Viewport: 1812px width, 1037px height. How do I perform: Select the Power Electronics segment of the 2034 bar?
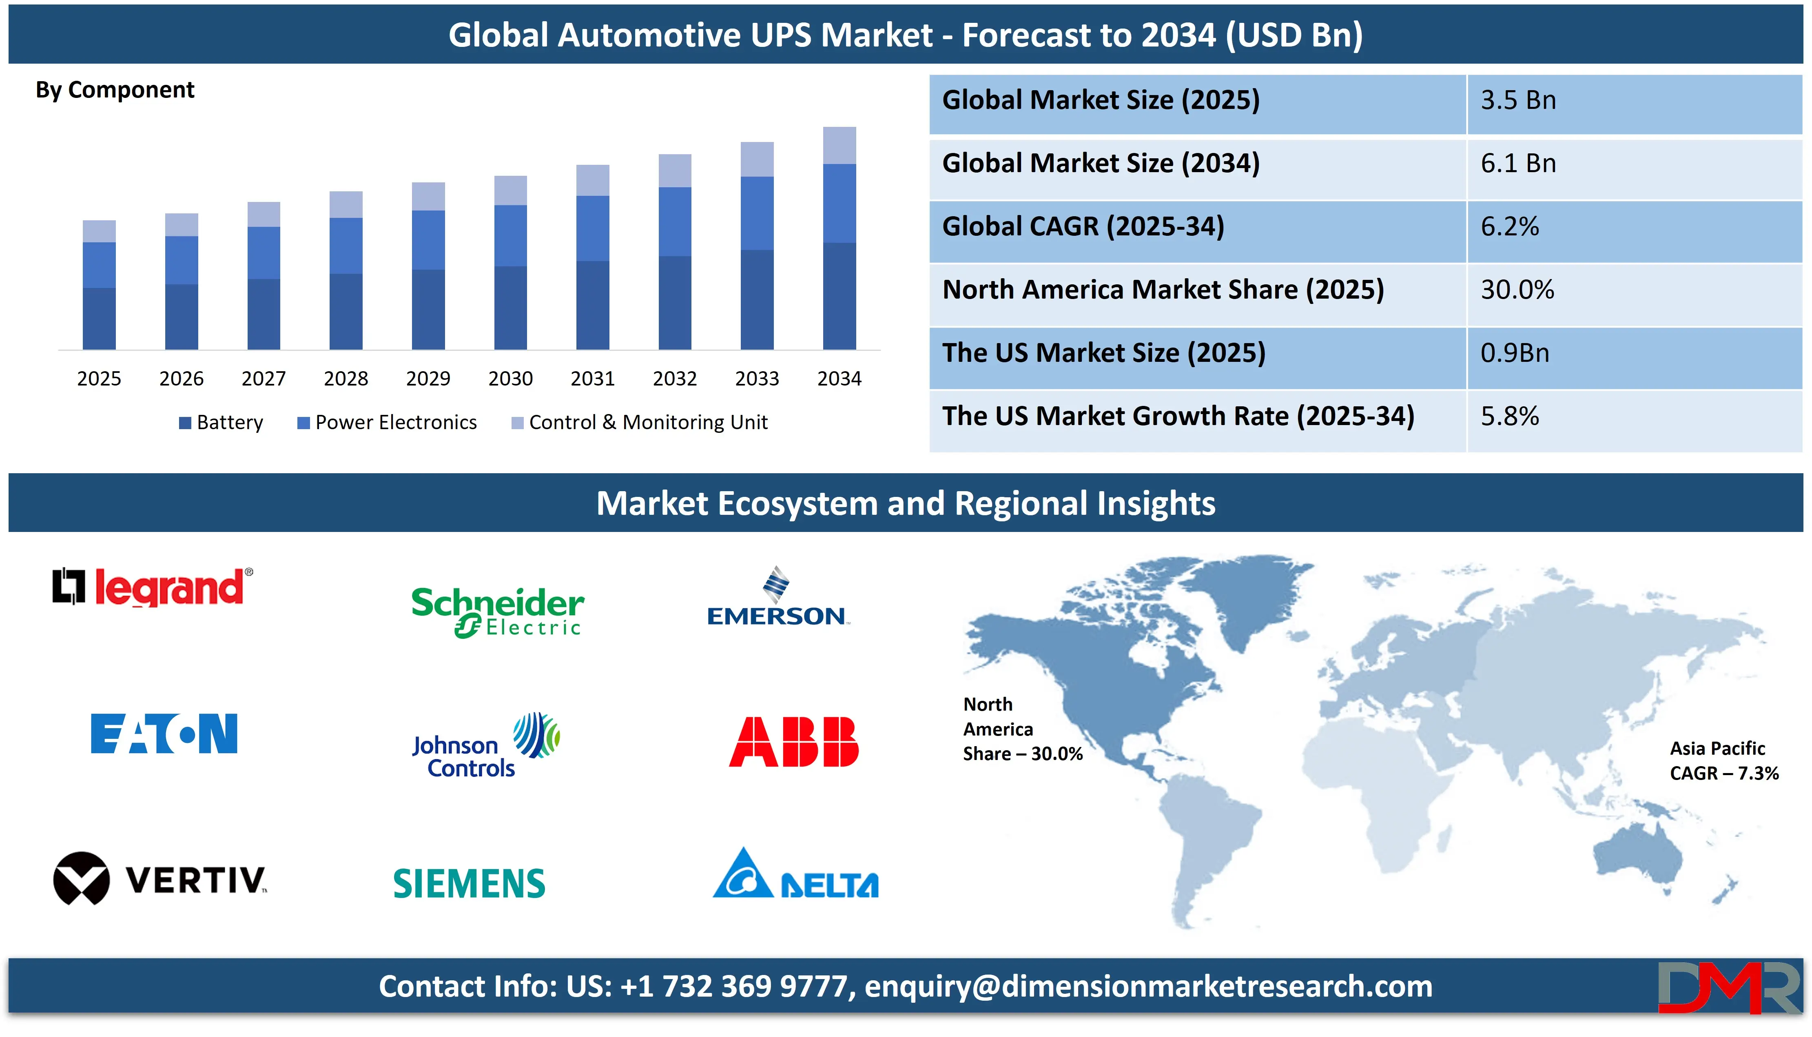(840, 203)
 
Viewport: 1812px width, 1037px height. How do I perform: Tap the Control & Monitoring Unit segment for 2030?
(510, 190)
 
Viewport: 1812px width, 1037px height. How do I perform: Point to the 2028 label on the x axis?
(346, 378)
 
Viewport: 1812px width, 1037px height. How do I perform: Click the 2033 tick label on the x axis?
(757, 378)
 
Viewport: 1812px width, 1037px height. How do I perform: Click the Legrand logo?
(153, 587)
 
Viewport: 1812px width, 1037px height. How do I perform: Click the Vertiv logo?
(160, 878)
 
